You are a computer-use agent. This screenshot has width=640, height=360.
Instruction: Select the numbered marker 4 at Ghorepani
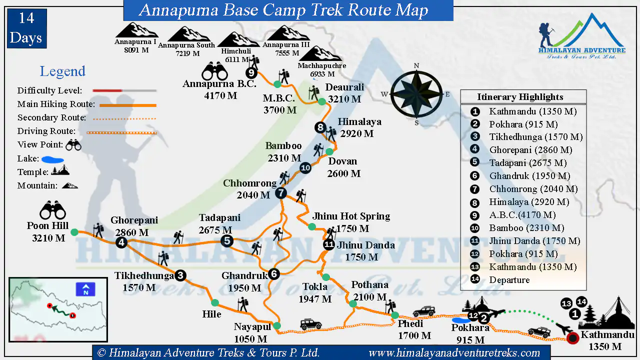[121, 242]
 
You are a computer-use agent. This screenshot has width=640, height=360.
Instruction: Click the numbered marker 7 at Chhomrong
[281, 192]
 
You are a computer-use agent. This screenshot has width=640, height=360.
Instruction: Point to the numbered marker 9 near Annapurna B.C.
[251, 73]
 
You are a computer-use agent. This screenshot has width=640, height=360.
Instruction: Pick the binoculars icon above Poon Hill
[52, 210]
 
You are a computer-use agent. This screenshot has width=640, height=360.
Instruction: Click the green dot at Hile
[215, 302]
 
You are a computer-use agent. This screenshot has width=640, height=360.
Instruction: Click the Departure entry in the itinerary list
[509, 280]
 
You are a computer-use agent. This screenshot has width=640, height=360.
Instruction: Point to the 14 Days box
[27, 28]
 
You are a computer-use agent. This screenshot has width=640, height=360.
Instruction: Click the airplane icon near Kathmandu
[565, 329]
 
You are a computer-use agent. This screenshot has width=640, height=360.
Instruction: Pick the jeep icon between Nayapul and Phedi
[311, 324]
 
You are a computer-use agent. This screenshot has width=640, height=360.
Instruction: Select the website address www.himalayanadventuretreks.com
[454, 353]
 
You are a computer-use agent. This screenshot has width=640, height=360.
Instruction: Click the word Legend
[62, 71]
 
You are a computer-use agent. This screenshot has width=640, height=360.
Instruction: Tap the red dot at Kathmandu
[573, 338]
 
